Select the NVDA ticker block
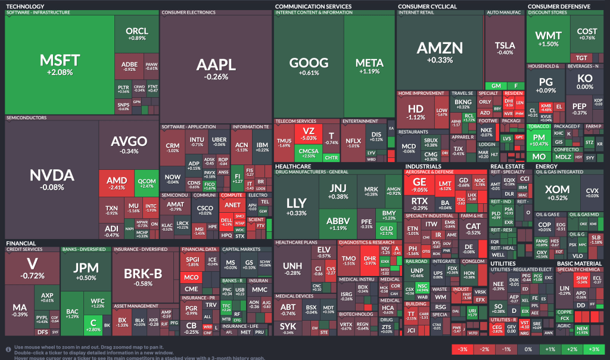click(51, 179)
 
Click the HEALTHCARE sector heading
click(292, 166)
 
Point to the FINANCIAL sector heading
click(20, 243)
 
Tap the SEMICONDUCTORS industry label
click(26, 118)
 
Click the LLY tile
click(296, 205)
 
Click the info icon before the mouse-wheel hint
click(8, 348)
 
